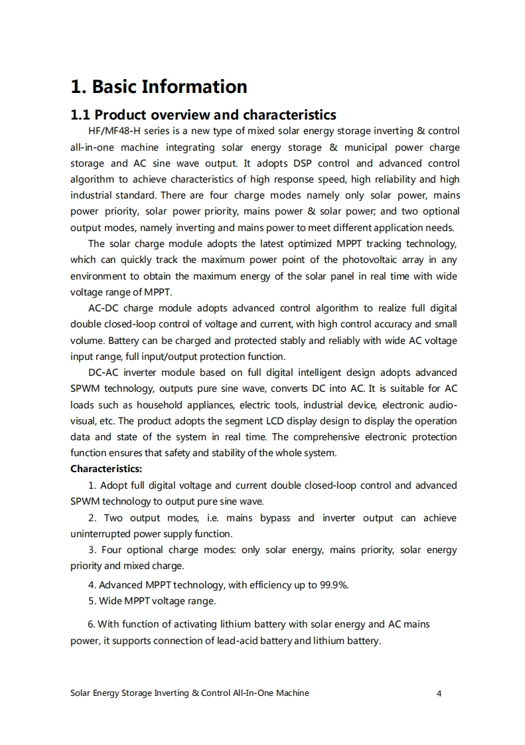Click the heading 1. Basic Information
click(x=159, y=87)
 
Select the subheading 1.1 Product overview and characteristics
click(x=203, y=116)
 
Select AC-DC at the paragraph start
click(x=103, y=308)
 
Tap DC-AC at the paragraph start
click(x=103, y=372)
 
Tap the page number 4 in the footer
click(x=439, y=693)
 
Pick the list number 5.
click(x=91, y=601)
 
